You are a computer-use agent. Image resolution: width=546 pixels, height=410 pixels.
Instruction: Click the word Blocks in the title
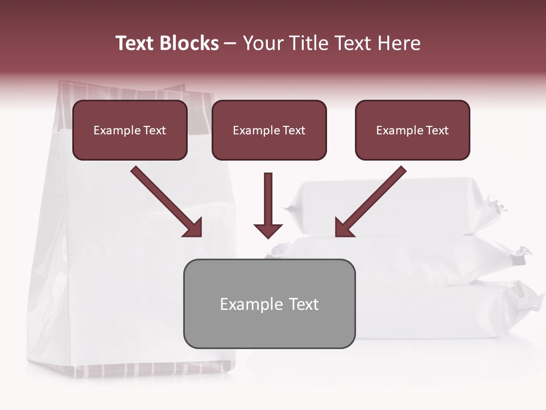(x=189, y=43)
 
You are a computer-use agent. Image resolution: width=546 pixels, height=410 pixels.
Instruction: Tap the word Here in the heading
(x=397, y=43)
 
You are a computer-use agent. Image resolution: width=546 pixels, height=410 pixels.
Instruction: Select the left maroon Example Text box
(x=130, y=130)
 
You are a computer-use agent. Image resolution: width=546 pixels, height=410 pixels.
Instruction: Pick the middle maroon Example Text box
(x=269, y=130)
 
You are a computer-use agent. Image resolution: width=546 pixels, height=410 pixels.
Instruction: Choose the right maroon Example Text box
(x=412, y=130)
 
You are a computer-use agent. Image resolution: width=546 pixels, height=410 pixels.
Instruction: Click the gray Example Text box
(x=269, y=304)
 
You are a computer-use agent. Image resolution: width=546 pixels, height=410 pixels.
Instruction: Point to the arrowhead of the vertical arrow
(x=268, y=230)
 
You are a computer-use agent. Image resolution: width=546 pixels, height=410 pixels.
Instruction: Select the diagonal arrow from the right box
(x=371, y=202)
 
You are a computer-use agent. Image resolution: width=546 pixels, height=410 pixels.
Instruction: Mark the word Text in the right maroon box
(x=437, y=130)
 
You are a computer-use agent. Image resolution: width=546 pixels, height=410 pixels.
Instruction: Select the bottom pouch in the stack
(x=449, y=310)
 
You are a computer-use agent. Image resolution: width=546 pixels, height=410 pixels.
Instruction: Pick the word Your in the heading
(x=262, y=43)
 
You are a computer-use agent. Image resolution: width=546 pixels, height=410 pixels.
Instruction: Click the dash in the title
(x=230, y=43)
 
